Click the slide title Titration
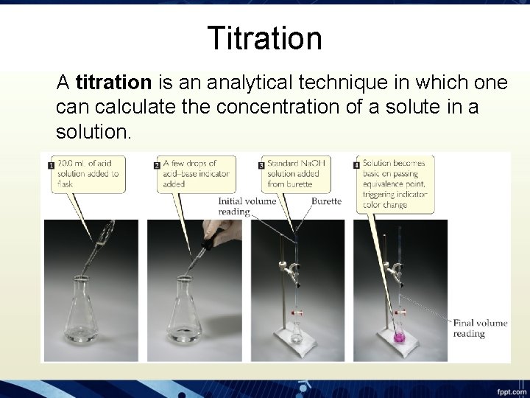tap(264, 38)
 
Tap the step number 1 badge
tap(50, 166)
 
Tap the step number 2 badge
tap(157, 166)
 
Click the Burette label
tap(326, 200)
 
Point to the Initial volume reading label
tap(247, 206)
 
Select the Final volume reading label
tap(479, 328)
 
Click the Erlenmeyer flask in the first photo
tap(77, 313)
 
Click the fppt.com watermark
tap(509, 390)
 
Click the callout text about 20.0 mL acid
tap(88, 173)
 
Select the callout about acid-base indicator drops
tap(196, 173)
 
